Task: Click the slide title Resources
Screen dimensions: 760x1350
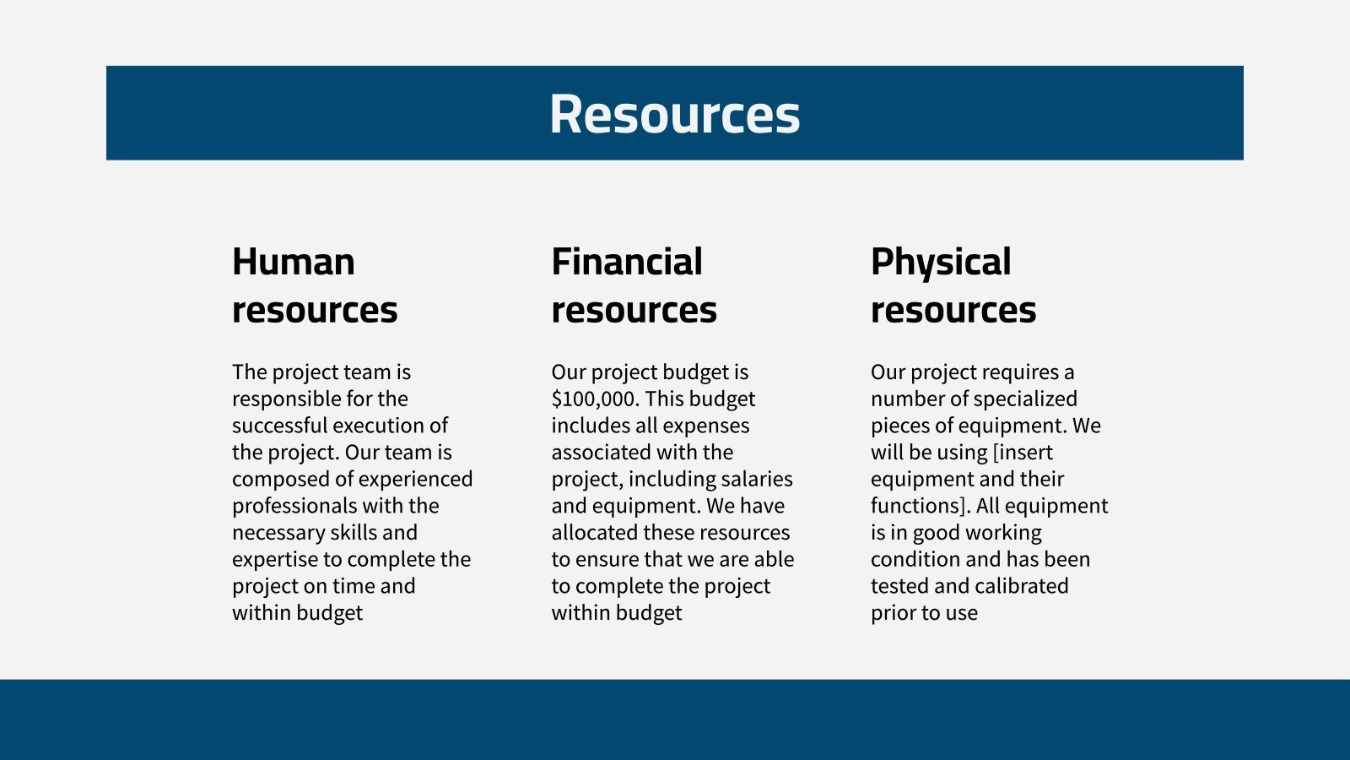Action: coord(674,114)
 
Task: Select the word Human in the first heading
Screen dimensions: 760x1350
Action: coord(293,262)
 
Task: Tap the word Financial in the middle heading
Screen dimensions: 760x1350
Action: coord(626,262)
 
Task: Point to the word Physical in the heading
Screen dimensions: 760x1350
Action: coord(940,263)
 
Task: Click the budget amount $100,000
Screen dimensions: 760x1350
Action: coord(592,399)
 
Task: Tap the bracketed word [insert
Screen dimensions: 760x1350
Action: coord(1023,453)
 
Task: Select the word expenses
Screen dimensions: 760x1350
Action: coord(708,426)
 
